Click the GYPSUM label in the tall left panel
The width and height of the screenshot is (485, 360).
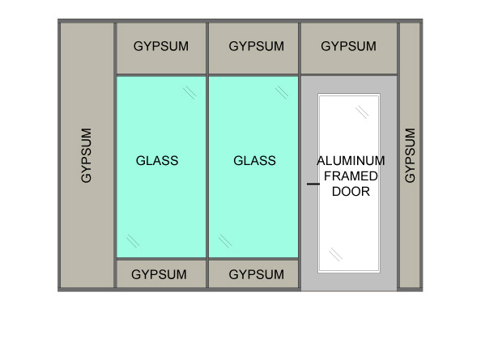point(86,155)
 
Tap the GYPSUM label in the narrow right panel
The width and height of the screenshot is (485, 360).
point(410,155)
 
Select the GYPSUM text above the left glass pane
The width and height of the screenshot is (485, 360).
point(161,46)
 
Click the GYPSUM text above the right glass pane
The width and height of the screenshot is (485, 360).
point(256,46)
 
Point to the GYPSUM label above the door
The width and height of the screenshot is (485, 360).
point(348,46)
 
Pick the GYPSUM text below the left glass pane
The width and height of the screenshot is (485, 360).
point(159,274)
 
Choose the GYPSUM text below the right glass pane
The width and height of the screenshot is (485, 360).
point(256,274)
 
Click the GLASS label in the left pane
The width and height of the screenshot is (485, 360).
point(157,161)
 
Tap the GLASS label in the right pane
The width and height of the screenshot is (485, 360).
point(254,161)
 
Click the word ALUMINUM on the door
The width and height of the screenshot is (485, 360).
point(351,161)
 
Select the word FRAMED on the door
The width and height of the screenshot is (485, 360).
point(351,176)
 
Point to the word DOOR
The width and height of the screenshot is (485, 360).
point(351,192)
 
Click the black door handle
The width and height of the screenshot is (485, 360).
point(313,184)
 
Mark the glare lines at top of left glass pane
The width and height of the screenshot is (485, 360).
point(189,93)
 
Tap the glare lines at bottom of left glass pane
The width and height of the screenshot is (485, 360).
point(133,241)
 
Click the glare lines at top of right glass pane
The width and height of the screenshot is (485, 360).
point(282,93)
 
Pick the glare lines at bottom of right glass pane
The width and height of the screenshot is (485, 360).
point(225,241)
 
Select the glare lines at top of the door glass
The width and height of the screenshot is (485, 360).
point(362,112)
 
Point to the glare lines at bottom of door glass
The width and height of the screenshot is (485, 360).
point(336,254)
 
